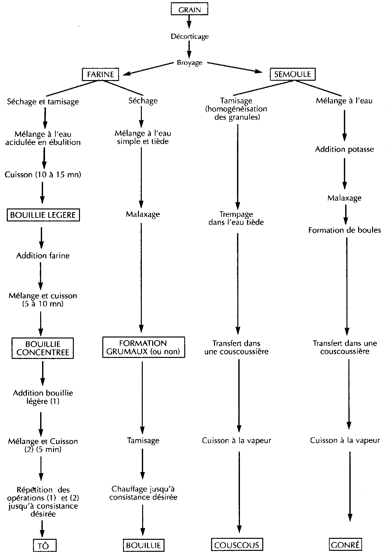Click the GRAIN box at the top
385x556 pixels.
[x=189, y=10]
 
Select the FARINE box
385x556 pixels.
[x=101, y=74]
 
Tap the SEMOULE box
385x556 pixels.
[x=292, y=74]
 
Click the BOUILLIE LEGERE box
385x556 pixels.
[x=43, y=215]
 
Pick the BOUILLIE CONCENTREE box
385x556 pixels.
[x=43, y=348]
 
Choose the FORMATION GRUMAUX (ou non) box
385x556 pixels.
[x=143, y=347]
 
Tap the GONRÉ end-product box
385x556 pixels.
[x=345, y=545]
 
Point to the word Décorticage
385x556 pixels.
[x=190, y=36]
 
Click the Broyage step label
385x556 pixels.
[x=190, y=63]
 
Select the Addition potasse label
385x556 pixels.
[x=345, y=149]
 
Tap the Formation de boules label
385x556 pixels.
[x=345, y=230]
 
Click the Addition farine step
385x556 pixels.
[x=43, y=255]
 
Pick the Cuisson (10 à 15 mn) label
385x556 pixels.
[x=43, y=175]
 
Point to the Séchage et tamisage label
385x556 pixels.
[x=43, y=101]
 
